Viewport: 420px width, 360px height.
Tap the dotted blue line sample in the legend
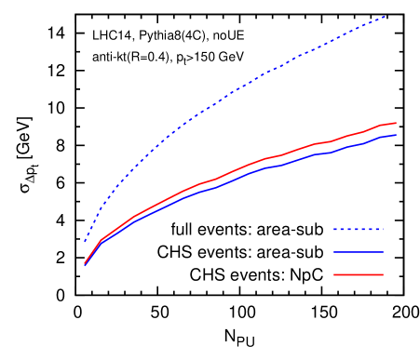(359, 229)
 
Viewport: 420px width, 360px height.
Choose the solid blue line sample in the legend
(359, 252)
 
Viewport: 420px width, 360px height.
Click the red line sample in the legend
(359, 274)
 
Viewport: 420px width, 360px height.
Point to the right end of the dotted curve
(385, 17)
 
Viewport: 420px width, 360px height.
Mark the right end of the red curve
(396, 123)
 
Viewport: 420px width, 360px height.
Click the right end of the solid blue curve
(396, 136)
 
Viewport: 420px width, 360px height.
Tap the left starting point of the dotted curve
(85, 241)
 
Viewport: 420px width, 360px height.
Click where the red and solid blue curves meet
(85, 264)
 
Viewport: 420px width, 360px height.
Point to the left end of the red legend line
(334, 274)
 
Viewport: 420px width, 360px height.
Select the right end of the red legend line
(383, 274)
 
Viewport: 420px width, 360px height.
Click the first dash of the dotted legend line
(336, 229)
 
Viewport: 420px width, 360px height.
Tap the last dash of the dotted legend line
(379, 229)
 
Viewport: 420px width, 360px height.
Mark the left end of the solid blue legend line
(334, 252)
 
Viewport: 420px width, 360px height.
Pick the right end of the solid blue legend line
(383, 252)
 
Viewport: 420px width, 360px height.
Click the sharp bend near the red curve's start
(102, 239)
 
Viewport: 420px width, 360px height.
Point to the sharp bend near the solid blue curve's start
(102, 243)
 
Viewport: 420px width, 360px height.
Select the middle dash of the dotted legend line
(358, 229)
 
